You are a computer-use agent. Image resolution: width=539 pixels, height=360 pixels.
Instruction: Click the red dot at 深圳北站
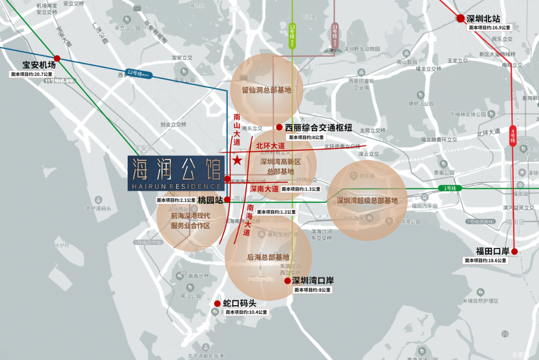click(x=461, y=19)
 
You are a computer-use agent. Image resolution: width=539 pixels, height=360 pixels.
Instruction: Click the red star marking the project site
click(x=237, y=160)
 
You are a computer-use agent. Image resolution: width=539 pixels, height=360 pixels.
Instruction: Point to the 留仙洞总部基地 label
click(x=266, y=90)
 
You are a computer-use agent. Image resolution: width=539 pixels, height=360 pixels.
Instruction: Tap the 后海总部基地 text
click(x=268, y=257)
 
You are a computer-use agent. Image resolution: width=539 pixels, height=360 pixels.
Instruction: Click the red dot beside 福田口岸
click(x=514, y=251)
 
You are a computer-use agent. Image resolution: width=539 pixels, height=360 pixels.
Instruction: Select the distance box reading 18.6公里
click(x=486, y=261)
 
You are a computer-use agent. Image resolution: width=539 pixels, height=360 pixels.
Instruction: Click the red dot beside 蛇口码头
click(x=217, y=303)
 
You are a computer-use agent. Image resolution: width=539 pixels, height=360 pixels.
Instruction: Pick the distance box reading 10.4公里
click(x=246, y=312)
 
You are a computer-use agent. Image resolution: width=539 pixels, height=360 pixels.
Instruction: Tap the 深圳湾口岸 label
click(x=313, y=281)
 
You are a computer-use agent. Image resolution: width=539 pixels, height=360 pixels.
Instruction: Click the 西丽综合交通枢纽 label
click(x=318, y=128)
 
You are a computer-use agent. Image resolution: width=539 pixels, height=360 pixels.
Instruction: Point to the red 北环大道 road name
click(x=270, y=146)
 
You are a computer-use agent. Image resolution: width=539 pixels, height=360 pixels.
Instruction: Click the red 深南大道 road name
click(x=264, y=189)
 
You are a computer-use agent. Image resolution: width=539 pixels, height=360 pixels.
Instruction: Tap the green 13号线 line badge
click(x=292, y=35)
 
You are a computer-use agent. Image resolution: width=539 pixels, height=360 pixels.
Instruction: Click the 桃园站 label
click(x=210, y=200)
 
